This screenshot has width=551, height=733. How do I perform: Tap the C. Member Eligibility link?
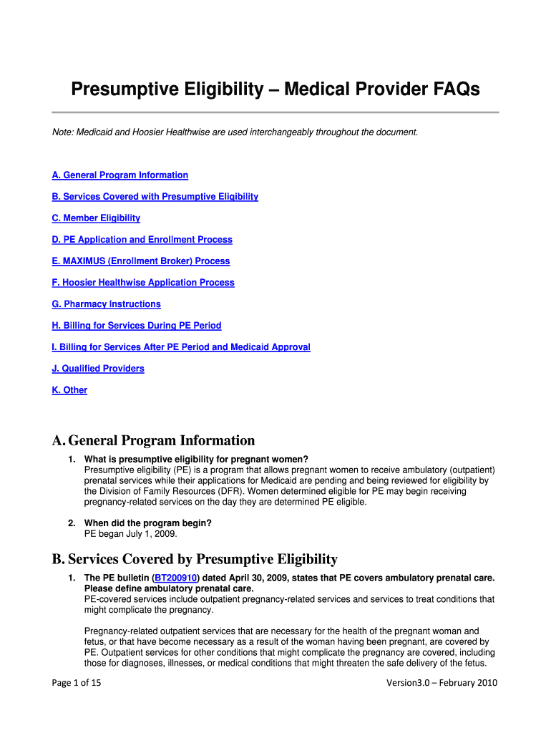click(x=96, y=218)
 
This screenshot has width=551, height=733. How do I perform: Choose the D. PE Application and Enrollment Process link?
click(x=142, y=240)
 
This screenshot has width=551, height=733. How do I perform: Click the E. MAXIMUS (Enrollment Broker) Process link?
click(x=141, y=261)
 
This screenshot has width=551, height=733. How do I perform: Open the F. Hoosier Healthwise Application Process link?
click(x=143, y=283)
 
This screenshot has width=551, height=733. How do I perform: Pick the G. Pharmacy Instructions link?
click(x=107, y=304)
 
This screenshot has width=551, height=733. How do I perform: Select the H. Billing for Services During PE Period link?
click(x=137, y=326)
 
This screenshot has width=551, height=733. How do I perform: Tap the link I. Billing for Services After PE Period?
click(x=181, y=347)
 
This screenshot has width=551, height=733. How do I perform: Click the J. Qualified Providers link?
click(x=98, y=369)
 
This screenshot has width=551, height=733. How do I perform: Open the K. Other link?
click(x=69, y=390)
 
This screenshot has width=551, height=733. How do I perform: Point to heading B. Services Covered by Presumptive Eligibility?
click(x=195, y=559)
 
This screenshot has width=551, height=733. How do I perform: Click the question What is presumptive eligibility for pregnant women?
click(x=196, y=460)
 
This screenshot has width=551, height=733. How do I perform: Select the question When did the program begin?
click(x=147, y=523)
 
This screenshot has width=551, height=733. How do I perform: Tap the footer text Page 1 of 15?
click(x=77, y=683)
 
